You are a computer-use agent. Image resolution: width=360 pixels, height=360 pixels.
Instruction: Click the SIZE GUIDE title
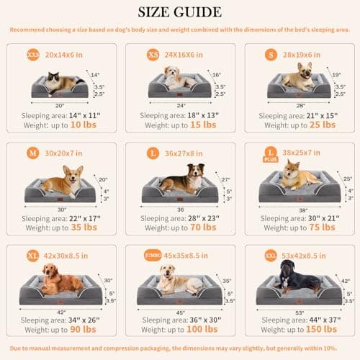(180, 13)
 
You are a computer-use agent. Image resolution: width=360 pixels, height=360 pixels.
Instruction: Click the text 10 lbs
(84, 125)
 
